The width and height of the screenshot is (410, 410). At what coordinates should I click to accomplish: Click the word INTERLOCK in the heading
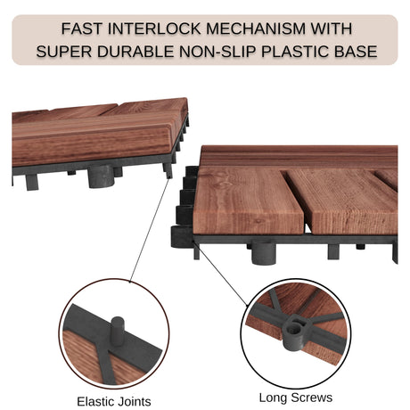pos(154,29)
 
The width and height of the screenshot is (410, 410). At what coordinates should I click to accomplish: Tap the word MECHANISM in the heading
pos(256,29)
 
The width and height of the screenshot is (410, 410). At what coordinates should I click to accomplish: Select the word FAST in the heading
pos(82,29)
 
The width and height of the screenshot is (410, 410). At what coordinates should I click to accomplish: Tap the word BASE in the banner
pos(356,52)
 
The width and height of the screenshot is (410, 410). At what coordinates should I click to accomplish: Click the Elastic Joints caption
pos(114,402)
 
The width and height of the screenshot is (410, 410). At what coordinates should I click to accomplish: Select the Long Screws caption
pos(295,398)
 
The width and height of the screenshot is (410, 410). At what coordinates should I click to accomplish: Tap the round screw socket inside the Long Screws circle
pos(294,330)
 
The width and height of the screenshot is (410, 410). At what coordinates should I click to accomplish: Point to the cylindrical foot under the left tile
pos(102,176)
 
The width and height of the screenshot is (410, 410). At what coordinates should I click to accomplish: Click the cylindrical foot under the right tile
pos(264,253)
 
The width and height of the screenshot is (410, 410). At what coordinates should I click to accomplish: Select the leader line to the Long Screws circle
pos(220,273)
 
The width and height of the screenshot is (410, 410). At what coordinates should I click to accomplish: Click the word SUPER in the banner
pos(64,52)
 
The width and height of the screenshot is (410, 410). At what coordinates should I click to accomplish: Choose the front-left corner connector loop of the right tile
pos(181,237)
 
